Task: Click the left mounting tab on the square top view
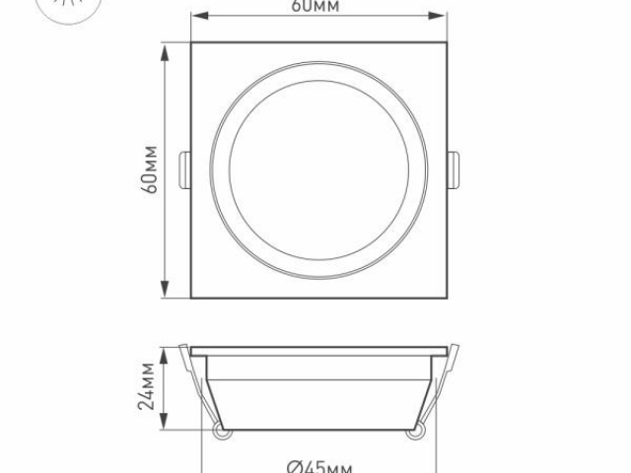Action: (185, 169)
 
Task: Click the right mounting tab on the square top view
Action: (453, 169)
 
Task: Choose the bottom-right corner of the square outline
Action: (447, 296)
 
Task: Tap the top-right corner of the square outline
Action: (447, 42)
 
